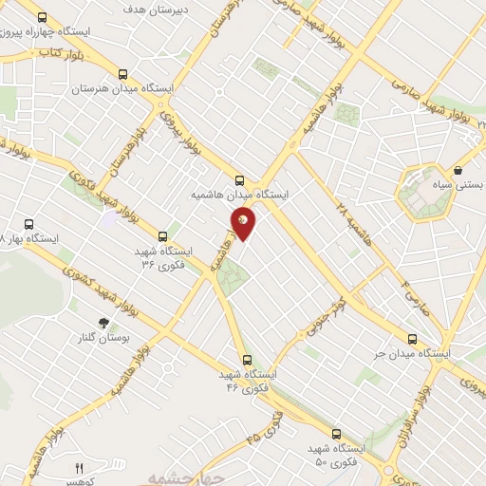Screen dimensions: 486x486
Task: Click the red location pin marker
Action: point(244,221)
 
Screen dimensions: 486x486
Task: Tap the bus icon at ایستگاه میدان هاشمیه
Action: point(238,178)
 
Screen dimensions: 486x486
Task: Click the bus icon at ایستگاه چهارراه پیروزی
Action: point(42,18)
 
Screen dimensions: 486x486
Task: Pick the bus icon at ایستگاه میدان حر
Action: point(411,338)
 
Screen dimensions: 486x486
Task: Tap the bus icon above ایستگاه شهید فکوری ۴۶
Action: point(248,360)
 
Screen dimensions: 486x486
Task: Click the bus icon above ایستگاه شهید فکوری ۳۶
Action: point(162,236)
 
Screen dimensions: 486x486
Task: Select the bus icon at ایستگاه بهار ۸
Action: point(29,225)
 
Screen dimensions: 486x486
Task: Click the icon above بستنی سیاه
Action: point(458,170)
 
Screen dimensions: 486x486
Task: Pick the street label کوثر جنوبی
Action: point(324,318)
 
